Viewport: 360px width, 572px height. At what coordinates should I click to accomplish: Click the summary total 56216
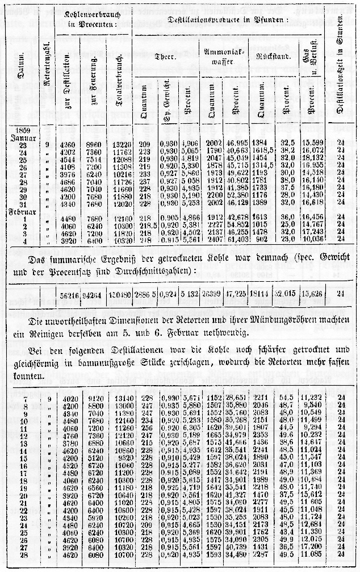point(68,295)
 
